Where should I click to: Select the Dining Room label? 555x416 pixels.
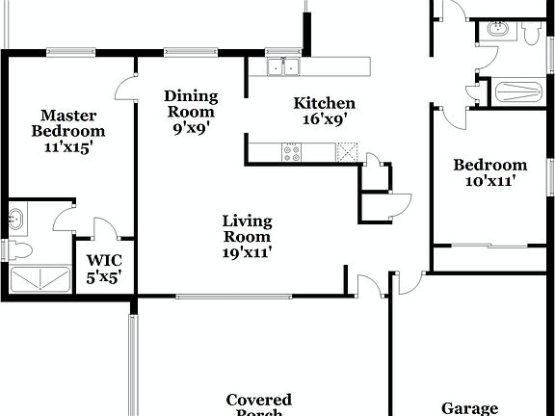(x=191, y=104)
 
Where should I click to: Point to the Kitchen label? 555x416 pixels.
(x=325, y=103)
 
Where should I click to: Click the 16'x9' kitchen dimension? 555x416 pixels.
(x=325, y=119)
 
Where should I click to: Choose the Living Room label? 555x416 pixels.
(x=247, y=227)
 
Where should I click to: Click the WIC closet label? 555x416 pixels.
(x=104, y=260)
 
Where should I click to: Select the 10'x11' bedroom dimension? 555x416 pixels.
(x=490, y=180)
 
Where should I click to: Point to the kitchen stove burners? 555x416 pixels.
(x=292, y=150)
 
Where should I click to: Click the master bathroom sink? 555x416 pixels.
(x=16, y=219)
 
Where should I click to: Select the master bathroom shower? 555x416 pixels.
(x=40, y=279)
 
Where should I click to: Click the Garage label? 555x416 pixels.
(x=470, y=408)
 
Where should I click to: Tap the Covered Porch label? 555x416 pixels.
(x=258, y=403)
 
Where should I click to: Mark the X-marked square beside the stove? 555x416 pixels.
(x=347, y=151)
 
